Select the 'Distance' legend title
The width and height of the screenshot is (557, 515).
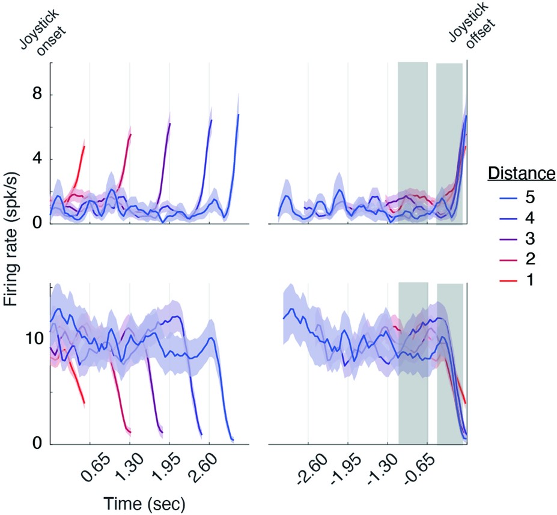point(520,174)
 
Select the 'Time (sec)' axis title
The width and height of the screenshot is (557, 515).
point(144,502)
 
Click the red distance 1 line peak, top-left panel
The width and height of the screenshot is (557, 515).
point(84,146)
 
